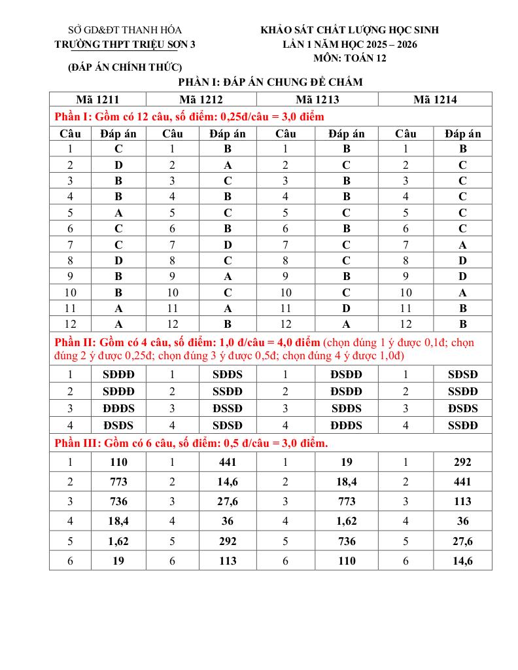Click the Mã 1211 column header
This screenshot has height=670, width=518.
click(x=97, y=99)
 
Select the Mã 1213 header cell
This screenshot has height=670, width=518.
click(x=317, y=99)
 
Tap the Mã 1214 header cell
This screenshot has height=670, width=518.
click(x=435, y=99)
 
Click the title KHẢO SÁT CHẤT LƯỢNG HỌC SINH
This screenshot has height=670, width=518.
click(x=350, y=30)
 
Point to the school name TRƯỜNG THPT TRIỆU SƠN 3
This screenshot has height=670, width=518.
click(x=125, y=44)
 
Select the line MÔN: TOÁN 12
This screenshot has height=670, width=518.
click(x=350, y=58)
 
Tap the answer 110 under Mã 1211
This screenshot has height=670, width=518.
click(x=119, y=462)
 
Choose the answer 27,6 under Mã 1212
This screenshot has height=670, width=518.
click(x=228, y=501)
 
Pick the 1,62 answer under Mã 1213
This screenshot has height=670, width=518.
click(x=347, y=521)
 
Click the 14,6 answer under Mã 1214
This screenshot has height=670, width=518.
click(x=462, y=561)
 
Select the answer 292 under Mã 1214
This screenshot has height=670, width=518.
click(x=462, y=462)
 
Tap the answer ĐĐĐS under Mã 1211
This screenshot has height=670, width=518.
click(x=119, y=408)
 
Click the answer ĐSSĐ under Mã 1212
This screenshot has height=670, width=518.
click(x=228, y=408)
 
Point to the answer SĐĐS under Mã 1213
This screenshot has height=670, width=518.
click(x=347, y=408)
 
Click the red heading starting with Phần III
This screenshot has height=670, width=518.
click(x=190, y=443)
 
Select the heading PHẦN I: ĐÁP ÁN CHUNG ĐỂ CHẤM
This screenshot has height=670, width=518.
click(x=270, y=82)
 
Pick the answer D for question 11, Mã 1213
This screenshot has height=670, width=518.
click(x=347, y=308)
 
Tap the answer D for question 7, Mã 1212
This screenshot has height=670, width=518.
click(x=228, y=245)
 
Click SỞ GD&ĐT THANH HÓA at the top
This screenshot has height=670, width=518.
click(x=125, y=30)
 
